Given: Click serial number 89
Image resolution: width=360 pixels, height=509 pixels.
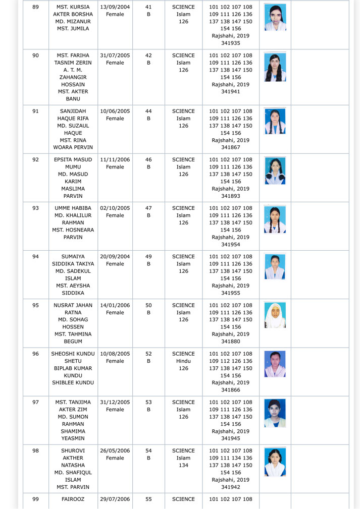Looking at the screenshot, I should (x=35, y=7).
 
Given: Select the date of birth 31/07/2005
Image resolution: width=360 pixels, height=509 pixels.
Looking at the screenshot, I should (x=115, y=55).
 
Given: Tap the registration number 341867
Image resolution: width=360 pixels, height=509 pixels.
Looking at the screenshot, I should (x=231, y=147).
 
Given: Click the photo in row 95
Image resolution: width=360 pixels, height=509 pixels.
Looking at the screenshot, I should (x=275, y=315).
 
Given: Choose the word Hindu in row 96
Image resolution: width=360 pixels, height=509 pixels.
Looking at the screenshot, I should (x=183, y=361).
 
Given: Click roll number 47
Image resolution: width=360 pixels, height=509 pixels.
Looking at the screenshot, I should (x=148, y=208).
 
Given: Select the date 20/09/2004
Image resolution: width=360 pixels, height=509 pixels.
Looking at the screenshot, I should (x=115, y=256).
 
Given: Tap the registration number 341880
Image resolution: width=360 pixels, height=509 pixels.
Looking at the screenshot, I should (x=231, y=342).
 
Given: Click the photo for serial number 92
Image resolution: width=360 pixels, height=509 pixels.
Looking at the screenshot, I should (x=275, y=170).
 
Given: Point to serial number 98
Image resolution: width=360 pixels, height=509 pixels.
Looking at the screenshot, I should (x=35, y=450).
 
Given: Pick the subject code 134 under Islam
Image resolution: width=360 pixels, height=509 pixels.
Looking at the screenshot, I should (x=183, y=465).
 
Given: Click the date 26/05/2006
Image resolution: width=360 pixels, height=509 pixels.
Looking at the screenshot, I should (x=115, y=450).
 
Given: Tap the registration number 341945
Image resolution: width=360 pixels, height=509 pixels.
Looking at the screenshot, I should (x=231, y=438).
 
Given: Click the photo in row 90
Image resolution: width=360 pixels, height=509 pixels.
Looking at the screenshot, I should (x=275, y=67).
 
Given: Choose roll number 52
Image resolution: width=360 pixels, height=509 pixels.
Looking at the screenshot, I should (x=148, y=354).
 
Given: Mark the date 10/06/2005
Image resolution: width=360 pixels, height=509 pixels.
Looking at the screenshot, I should (x=115, y=111).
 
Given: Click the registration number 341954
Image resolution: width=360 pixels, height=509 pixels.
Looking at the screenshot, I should (x=231, y=244).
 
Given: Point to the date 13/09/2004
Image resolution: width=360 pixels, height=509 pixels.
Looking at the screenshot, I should (x=115, y=7).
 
